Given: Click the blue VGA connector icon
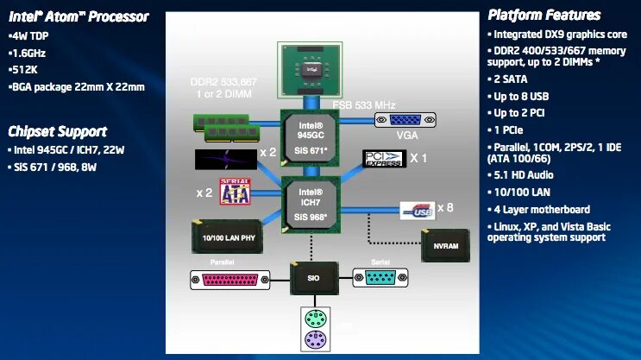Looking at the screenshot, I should [x=401, y=124].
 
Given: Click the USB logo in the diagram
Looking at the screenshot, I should [x=417, y=208].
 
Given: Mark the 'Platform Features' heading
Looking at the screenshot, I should [x=544, y=15].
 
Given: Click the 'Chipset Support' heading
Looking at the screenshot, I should [x=57, y=131].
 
